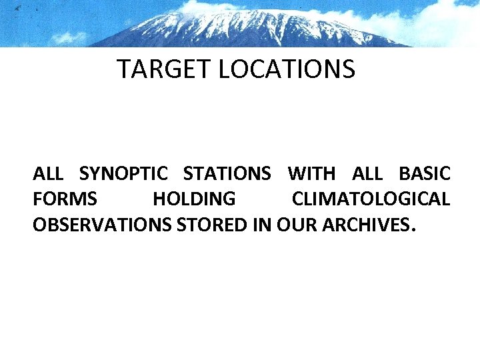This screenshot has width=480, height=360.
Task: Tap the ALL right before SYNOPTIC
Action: (48, 175)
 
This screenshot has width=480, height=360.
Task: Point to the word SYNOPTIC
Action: (123, 175)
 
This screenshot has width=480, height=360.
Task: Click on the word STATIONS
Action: (227, 175)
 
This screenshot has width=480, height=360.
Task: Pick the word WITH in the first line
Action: (312, 175)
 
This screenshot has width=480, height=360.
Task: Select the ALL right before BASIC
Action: (367, 175)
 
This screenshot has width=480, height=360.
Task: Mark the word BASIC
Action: (425, 175)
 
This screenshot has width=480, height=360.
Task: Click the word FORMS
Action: (65, 199)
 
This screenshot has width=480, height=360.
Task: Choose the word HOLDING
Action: (194, 199)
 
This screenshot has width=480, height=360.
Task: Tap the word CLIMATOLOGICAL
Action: (371, 199)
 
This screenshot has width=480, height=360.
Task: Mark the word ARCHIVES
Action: (366, 225)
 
